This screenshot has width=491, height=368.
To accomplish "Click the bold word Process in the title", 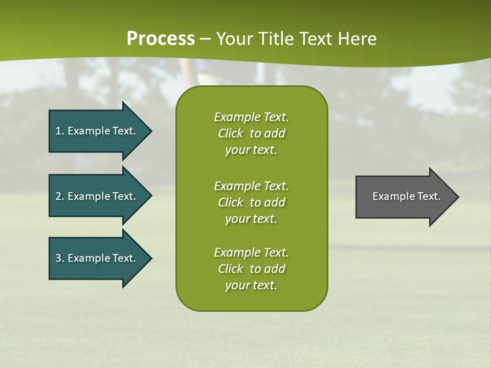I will point(161,39).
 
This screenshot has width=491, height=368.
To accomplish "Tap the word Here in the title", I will point(358,39).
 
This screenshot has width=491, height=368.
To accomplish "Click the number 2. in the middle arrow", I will point(59,196).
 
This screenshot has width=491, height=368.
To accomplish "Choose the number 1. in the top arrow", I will point(59,131).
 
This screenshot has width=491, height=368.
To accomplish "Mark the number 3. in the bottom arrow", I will point(59,258).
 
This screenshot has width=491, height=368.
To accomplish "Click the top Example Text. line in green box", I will point(251,117).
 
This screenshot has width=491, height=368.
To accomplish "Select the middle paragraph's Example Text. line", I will point(251,186).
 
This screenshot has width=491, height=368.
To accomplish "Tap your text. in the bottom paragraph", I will point(251,285).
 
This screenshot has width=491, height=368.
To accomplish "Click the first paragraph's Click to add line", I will point(251,133).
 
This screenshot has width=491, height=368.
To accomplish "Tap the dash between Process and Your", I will point(206,39).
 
